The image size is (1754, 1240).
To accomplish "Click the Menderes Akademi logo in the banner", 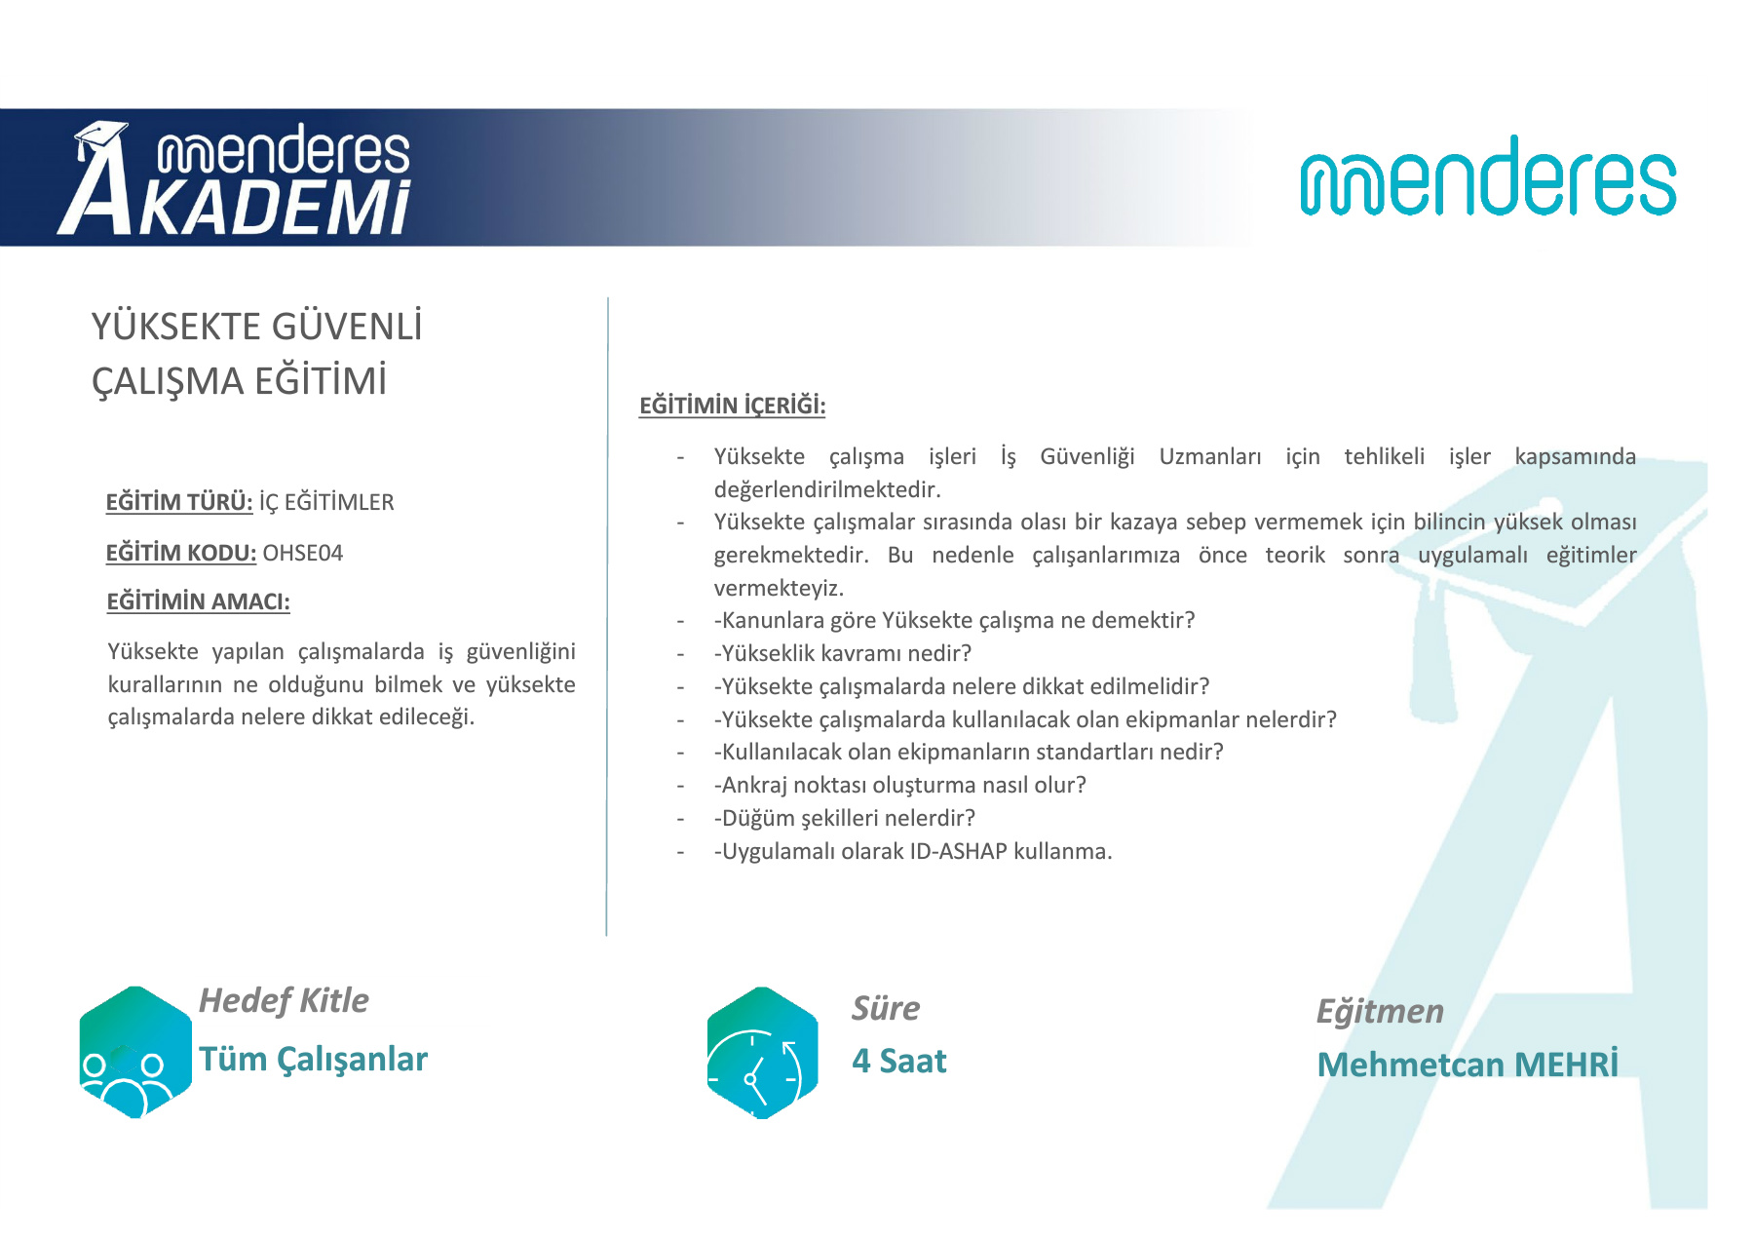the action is (x=235, y=178).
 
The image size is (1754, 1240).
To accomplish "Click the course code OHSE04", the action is (x=303, y=554).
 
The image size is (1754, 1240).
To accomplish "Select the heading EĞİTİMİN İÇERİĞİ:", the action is (x=732, y=406).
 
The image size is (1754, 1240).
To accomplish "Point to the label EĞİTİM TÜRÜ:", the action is (x=179, y=503).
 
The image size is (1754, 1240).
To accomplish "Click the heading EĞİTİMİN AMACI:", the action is (x=198, y=601).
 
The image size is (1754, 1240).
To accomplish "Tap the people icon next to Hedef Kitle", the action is (x=135, y=1053).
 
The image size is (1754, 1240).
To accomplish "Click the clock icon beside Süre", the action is (x=762, y=1053).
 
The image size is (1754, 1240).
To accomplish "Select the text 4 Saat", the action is (x=898, y=1061).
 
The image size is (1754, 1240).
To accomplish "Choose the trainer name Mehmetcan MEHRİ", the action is (x=1468, y=1064).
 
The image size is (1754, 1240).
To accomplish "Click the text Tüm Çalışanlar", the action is (x=313, y=1060).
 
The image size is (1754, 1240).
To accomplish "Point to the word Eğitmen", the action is (x=1380, y=1012).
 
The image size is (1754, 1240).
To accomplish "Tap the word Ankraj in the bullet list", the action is (x=754, y=786).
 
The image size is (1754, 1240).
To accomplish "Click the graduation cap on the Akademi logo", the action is (x=100, y=140).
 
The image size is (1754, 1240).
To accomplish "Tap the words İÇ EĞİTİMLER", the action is (x=326, y=503).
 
